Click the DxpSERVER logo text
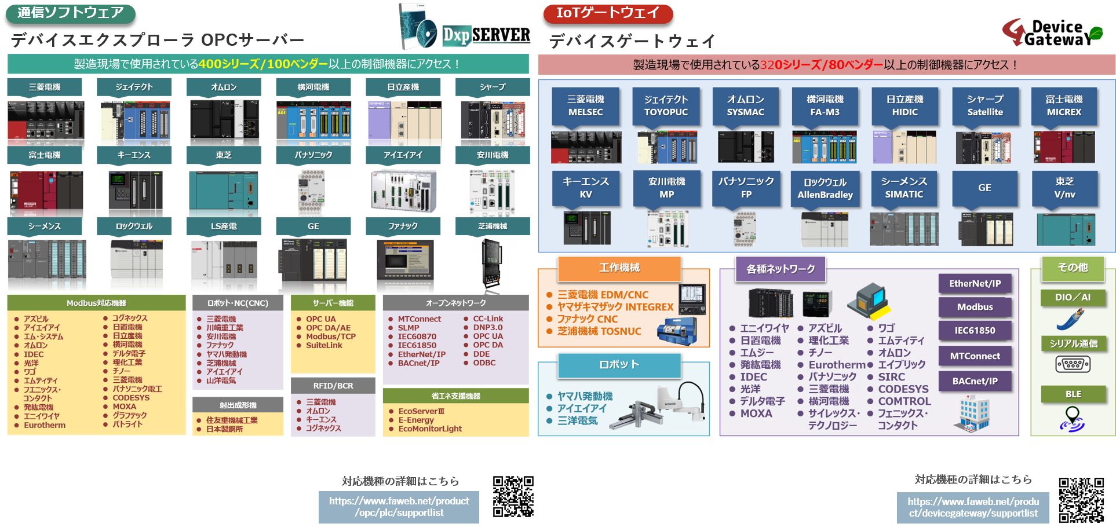pyautogui.click(x=487, y=35)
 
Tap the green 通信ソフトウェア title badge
pyautogui.click(x=71, y=13)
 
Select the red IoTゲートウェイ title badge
pyautogui.click(x=608, y=13)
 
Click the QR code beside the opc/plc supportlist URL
pyautogui.click(x=513, y=496)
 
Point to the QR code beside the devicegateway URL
pyautogui.click(x=1081, y=500)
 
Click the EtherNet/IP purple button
pyautogui.click(x=975, y=284)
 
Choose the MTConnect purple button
pyautogui.click(x=975, y=356)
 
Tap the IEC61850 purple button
pyautogui.click(x=975, y=331)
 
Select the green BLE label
pyautogui.click(x=1073, y=394)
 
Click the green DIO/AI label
pyautogui.click(x=1073, y=297)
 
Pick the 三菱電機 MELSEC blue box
pyautogui.click(x=585, y=106)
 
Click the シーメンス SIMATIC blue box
pyautogui.click(x=904, y=188)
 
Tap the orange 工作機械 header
pyautogui.click(x=619, y=268)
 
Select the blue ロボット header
pyautogui.click(x=619, y=365)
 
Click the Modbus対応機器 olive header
pyautogui.click(x=96, y=303)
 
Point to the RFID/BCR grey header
pyautogui.click(x=333, y=386)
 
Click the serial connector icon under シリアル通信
pyautogui.click(x=1073, y=364)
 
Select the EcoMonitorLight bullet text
pyautogui.click(x=430, y=429)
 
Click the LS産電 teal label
pyautogui.click(x=224, y=226)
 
